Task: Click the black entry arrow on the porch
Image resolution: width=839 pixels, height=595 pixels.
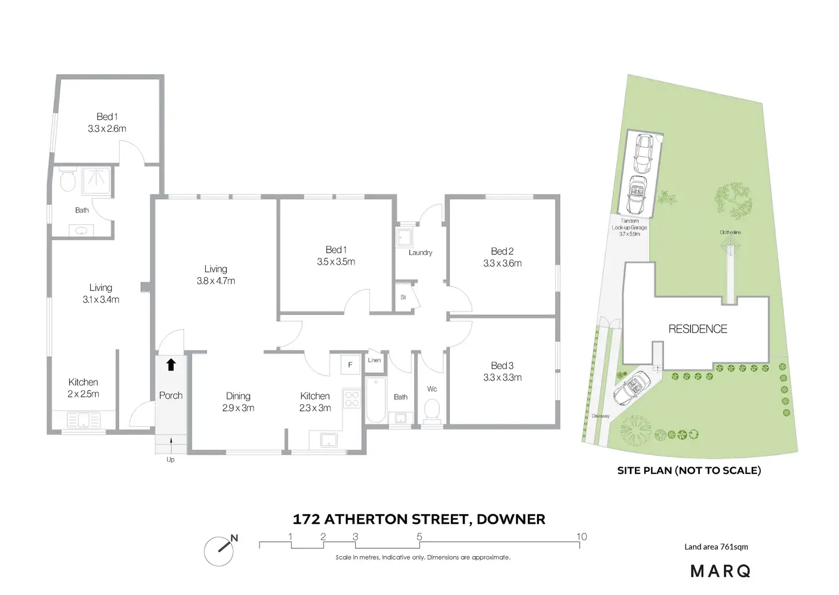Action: [171, 365]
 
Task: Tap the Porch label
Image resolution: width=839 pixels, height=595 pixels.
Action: [170, 395]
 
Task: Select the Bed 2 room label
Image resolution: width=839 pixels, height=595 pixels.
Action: [502, 251]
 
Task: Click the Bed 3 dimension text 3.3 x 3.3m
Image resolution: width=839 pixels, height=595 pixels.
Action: [502, 377]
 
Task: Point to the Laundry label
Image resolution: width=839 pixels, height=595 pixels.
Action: [420, 252]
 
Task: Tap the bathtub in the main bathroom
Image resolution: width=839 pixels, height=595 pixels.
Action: [376, 400]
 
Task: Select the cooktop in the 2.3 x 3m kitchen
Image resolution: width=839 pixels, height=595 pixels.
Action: [351, 398]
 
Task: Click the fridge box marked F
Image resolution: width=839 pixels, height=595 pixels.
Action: [350, 365]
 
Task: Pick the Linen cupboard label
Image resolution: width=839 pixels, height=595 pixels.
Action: [374, 360]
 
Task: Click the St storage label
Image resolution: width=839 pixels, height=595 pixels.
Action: [403, 297]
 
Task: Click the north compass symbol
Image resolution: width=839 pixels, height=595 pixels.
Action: [219, 550]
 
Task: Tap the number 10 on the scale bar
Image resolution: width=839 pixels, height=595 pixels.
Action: [581, 536]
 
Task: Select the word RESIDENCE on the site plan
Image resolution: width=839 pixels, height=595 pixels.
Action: [698, 329]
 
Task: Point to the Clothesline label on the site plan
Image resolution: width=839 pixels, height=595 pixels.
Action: [730, 232]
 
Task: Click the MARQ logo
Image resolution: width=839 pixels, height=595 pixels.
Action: [720, 570]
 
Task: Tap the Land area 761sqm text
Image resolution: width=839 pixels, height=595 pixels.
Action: [716, 547]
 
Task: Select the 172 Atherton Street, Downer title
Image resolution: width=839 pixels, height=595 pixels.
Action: [419, 519]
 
